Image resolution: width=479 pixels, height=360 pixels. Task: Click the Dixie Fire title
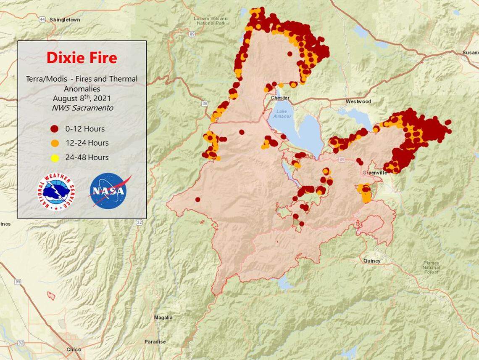coord(82,58)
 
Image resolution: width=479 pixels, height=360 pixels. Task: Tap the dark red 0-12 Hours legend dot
coord(55,129)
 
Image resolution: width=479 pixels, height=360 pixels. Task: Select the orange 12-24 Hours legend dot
coord(55,143)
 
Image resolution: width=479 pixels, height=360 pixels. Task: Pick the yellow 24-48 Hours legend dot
coord(55,157)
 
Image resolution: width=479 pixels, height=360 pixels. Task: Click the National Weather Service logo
coord(56,192)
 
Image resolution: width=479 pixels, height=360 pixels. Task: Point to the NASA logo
coord(109,191)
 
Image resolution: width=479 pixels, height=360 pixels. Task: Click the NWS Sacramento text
coord(82,108)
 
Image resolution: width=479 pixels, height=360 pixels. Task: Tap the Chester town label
coord(280,98)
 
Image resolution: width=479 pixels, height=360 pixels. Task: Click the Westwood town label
coord(358,101)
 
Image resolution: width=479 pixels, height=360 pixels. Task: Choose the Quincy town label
coord(372,261)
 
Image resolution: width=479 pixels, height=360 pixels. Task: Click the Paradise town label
coord(155,341)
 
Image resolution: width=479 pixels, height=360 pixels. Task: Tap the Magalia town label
coord(163,317)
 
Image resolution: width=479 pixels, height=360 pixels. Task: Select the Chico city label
coord(74,349)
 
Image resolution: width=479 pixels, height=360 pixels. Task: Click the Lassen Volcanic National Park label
coord(211,21)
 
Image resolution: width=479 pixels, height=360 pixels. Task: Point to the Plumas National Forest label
coord(431,267)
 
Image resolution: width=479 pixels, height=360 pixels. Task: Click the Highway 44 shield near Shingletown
coord(42,19)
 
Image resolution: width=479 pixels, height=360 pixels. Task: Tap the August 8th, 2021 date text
coord(82,98)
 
